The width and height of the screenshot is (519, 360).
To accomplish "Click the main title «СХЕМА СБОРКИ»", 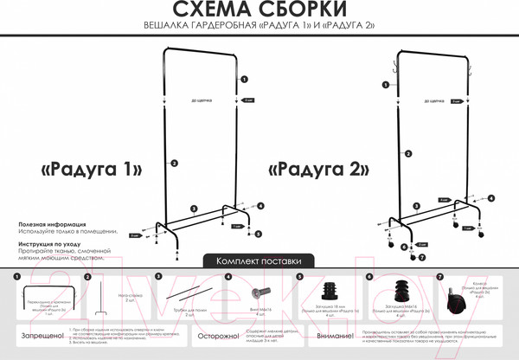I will [259, 10].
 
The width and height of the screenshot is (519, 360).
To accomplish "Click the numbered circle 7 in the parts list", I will [439, 277].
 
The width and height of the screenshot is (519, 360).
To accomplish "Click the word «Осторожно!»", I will [216, 335].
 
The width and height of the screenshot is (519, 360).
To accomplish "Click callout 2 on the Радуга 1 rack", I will [174, 163].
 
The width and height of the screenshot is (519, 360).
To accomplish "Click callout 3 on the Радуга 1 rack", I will [194, 209].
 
